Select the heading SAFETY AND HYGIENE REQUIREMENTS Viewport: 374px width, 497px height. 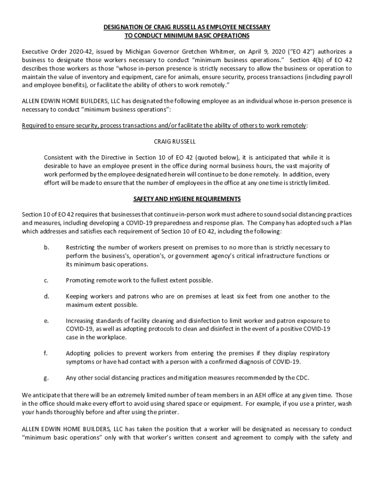click(x=187, y=199)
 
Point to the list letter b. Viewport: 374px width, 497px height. click(x=46, y=248)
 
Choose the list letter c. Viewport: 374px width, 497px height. click(x=46, y=281)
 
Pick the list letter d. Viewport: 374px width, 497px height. click(x=46, y=297)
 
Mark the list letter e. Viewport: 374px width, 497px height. click(x=46, y=321)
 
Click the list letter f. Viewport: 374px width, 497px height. click(x=46, y=353)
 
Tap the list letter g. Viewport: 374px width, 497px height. click(x=46, y=378)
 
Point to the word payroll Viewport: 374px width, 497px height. click(x=340, y=77)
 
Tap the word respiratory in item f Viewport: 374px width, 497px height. click(x=312, y=353)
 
